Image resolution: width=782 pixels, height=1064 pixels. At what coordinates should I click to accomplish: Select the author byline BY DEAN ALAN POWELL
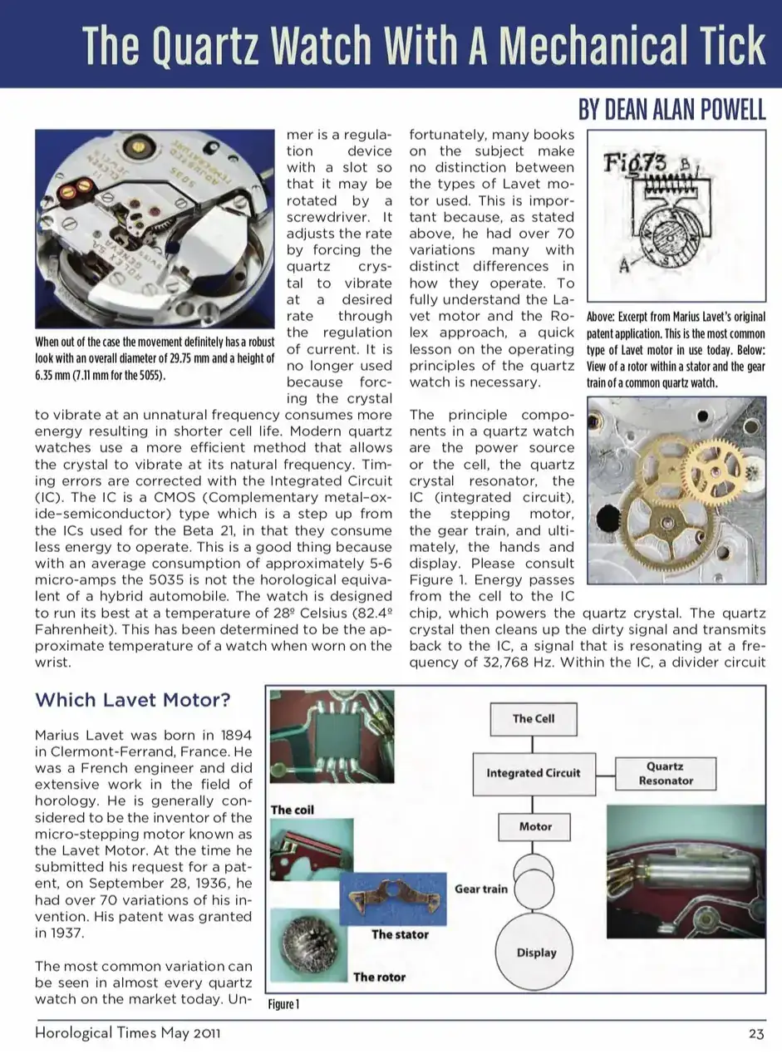[x=672, y=111]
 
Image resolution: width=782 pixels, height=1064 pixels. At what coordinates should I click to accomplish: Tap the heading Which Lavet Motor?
[x=133, y=700]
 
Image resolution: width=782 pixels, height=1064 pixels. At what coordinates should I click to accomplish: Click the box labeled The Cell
[x=534, y=719]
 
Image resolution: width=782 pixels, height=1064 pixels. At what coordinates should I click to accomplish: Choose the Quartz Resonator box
[x=666, y=774]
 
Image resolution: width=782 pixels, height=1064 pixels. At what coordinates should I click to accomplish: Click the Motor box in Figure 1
[x=535, y=827]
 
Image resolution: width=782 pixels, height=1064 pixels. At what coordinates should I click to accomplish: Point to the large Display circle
[x=536, y=953]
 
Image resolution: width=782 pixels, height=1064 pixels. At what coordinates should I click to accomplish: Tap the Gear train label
[x=480, y=889]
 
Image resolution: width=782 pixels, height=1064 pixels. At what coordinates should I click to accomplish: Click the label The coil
[x=293, y=810]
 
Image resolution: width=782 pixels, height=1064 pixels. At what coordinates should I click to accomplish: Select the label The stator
[x=400, y=934]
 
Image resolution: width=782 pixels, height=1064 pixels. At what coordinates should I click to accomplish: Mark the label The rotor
[x=379, y=977]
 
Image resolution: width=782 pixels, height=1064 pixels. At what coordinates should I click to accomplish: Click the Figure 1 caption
[x=283, y=1005]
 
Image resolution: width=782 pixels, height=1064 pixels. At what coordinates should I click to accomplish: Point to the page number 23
[x=755, y=1034]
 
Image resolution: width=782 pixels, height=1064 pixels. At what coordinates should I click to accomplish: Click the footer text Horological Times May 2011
[x=127, y=1034]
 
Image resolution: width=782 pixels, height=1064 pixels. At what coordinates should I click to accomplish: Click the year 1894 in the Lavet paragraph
[x=229, y=735]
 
